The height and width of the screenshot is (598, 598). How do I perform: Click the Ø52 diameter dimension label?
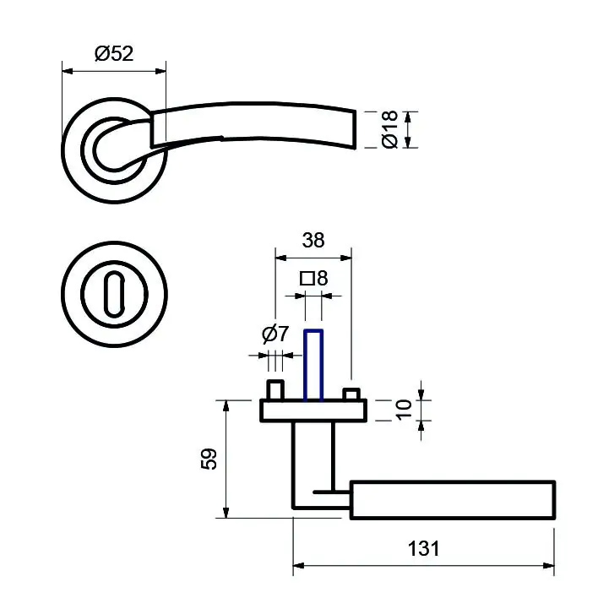115,53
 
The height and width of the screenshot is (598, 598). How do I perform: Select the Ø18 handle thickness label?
389,130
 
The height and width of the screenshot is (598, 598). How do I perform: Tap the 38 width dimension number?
313,240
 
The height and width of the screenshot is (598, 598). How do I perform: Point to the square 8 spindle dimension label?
313,277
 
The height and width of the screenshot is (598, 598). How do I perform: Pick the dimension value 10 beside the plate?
404,410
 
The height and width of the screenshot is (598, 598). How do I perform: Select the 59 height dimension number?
210,459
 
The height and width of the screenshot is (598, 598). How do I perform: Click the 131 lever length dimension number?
423,549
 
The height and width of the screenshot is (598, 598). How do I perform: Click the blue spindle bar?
313,363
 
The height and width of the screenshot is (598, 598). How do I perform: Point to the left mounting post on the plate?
274,391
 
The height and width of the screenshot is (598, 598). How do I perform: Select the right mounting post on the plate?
352,394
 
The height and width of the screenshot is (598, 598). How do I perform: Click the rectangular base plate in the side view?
313,411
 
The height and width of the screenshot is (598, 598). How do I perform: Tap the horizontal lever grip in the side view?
452,499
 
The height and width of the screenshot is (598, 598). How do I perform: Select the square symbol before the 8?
307,277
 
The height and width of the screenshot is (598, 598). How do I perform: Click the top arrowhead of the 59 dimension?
226,405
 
